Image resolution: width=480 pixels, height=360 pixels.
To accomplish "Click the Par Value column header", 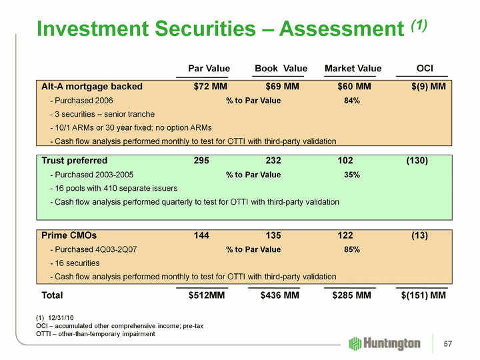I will [x=209, y=69].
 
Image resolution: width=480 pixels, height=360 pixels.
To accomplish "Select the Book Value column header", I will [x=281, y=69].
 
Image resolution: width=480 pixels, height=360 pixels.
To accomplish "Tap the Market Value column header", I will [x=353, y=69].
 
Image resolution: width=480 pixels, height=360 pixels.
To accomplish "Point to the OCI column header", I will [x=425, y=69].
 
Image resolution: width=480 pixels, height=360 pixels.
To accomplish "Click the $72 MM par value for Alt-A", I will [x=210, y=86].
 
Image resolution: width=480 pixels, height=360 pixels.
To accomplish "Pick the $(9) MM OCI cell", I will [x=429, y=86].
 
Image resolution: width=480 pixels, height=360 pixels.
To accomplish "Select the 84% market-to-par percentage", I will [x=352, y=101].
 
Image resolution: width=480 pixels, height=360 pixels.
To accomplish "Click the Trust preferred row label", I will [x=74, y=161].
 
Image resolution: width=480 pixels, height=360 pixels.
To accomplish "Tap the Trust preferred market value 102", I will [x=345, y=161].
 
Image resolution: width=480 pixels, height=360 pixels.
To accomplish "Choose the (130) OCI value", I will [x=417, y=161].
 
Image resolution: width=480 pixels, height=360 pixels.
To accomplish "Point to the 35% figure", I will [x=352, y=175].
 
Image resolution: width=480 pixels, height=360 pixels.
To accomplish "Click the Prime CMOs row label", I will [x=69, y=235].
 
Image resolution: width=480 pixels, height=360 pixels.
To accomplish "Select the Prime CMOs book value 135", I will [x=273, y=235].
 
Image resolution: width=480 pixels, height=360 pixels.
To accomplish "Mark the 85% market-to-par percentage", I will [x=352, y=249].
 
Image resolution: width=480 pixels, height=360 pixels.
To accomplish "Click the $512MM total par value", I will [x=207, y=295].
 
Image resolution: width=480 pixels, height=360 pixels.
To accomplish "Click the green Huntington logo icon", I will [x=356, y=343].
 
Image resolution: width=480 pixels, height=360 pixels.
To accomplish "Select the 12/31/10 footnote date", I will [x=61, y=318].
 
